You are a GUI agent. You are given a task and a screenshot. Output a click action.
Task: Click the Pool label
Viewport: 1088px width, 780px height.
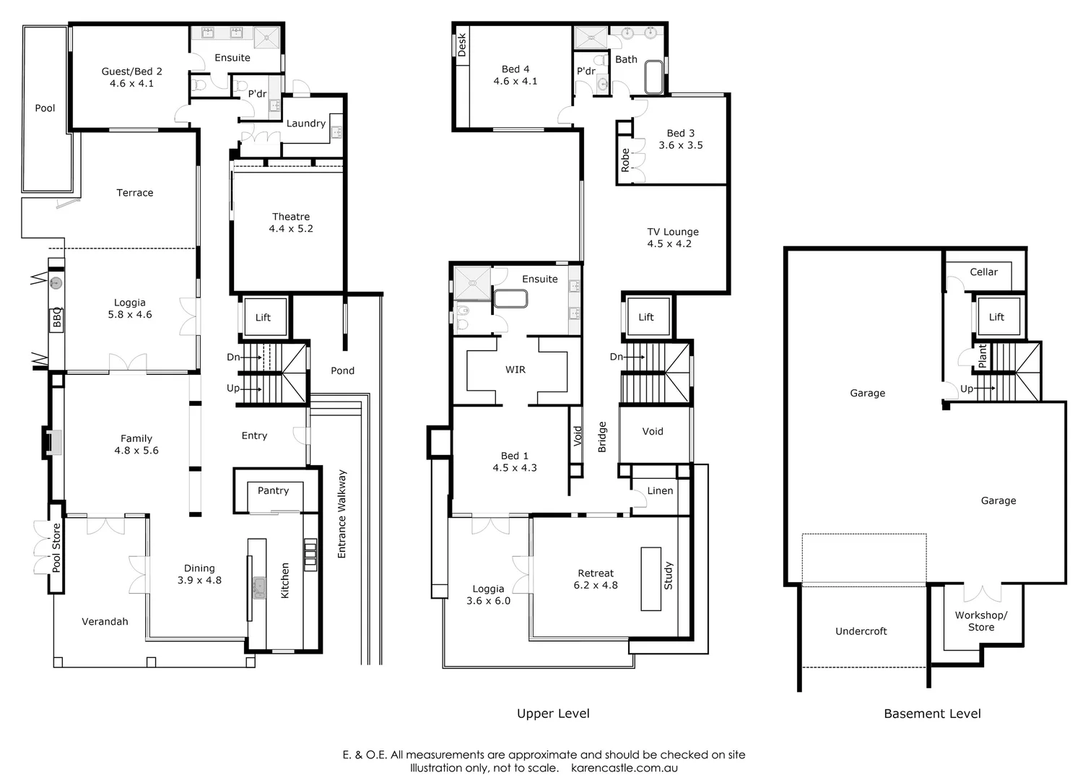pos(45,108)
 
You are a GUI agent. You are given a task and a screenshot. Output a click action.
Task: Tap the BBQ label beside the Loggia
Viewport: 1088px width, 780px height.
pos(57,318)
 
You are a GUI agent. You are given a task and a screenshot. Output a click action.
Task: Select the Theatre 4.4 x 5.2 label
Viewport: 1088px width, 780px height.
pos(291,222)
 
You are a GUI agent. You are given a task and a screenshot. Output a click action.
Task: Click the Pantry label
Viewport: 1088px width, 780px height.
pos(273,490)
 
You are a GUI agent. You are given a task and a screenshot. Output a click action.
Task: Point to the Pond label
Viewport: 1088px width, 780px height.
pos(342,370)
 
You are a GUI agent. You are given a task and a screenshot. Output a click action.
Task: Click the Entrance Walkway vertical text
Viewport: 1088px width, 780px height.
pos(342,514)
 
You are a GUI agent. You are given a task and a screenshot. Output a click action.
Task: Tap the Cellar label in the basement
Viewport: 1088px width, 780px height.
pos(983,272)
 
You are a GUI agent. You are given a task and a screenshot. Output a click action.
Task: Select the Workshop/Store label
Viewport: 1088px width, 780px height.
pos(980,621)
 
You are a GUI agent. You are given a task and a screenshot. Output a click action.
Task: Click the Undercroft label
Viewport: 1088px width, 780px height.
pos(861,631)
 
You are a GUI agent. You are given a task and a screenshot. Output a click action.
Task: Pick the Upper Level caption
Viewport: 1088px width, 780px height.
pos(553,714)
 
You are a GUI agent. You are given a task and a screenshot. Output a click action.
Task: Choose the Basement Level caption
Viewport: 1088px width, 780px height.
pos(932,714)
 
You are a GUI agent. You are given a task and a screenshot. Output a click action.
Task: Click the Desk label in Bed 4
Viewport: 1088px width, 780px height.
pos(462,45)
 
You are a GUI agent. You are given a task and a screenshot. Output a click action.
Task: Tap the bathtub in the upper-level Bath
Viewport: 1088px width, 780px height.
pos(653,77)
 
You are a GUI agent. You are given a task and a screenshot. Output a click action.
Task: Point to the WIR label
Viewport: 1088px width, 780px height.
pos(515,370)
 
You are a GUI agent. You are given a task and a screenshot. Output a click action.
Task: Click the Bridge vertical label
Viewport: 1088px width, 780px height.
pos(602,437)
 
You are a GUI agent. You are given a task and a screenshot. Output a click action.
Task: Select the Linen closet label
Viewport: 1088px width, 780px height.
pos(660,490)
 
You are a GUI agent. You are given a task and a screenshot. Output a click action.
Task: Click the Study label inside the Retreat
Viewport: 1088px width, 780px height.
pos(668,576)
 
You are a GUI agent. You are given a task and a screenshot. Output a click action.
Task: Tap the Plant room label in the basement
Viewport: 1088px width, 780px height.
pos(982,356)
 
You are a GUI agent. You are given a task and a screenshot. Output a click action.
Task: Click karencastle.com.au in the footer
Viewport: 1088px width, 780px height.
pos(624,768)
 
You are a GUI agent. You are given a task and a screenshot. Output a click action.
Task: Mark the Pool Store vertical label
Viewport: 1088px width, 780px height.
pos(56,547)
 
